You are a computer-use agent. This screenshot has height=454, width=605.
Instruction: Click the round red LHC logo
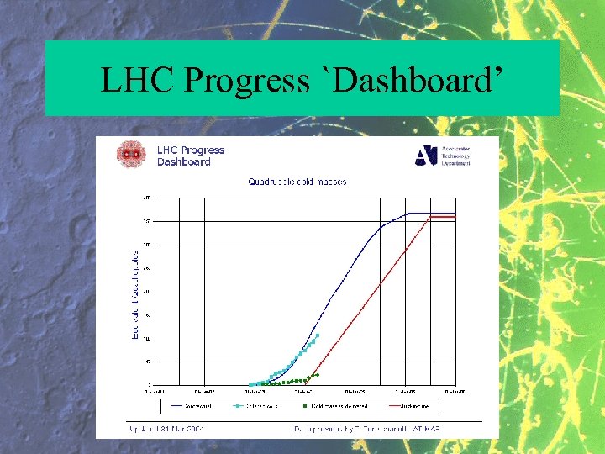tap(130, 154)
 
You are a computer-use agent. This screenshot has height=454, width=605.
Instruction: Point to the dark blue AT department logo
tap(426, 156)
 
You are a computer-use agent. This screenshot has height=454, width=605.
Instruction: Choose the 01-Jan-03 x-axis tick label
tap(255, 391)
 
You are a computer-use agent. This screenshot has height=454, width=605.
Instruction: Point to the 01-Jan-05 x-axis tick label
tap(356, 391)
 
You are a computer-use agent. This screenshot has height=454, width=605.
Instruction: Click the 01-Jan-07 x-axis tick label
tap(455, 391)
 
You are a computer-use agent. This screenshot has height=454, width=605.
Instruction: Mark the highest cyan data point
tap(317, 335)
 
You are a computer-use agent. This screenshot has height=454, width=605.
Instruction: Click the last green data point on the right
tap(317, 374)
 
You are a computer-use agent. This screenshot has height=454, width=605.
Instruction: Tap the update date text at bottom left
tap(166, 428)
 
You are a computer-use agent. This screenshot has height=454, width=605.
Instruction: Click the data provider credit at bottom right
tap(367, 428)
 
